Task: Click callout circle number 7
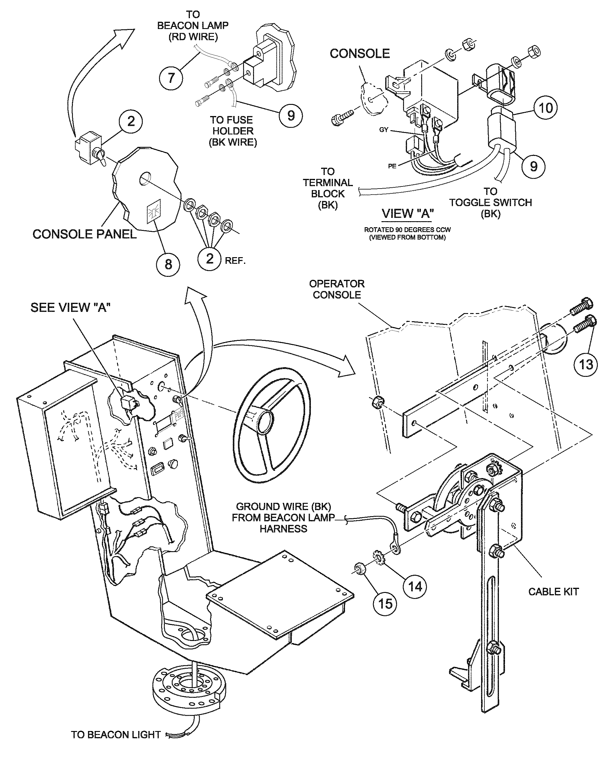click(171, 78)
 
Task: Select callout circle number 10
click(545, 108)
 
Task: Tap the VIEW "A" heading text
click(407, 214)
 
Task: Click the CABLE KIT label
click(553, 592)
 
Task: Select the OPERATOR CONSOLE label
click(337, 289)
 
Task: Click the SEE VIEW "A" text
click(70, 308)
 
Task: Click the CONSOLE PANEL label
click(84, 234)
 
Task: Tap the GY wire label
click(384, 130)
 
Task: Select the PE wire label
click(392, 166)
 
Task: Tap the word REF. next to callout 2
click(235, 261)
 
